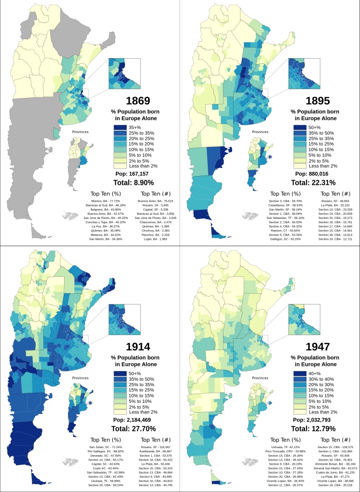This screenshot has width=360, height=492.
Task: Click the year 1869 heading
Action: (138, 101)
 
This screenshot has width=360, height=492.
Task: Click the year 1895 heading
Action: (318, 101)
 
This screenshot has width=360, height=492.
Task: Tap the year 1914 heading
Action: (138, 346)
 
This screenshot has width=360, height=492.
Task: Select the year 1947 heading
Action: (318, 346)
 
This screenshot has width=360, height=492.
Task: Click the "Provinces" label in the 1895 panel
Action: (259, 132)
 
